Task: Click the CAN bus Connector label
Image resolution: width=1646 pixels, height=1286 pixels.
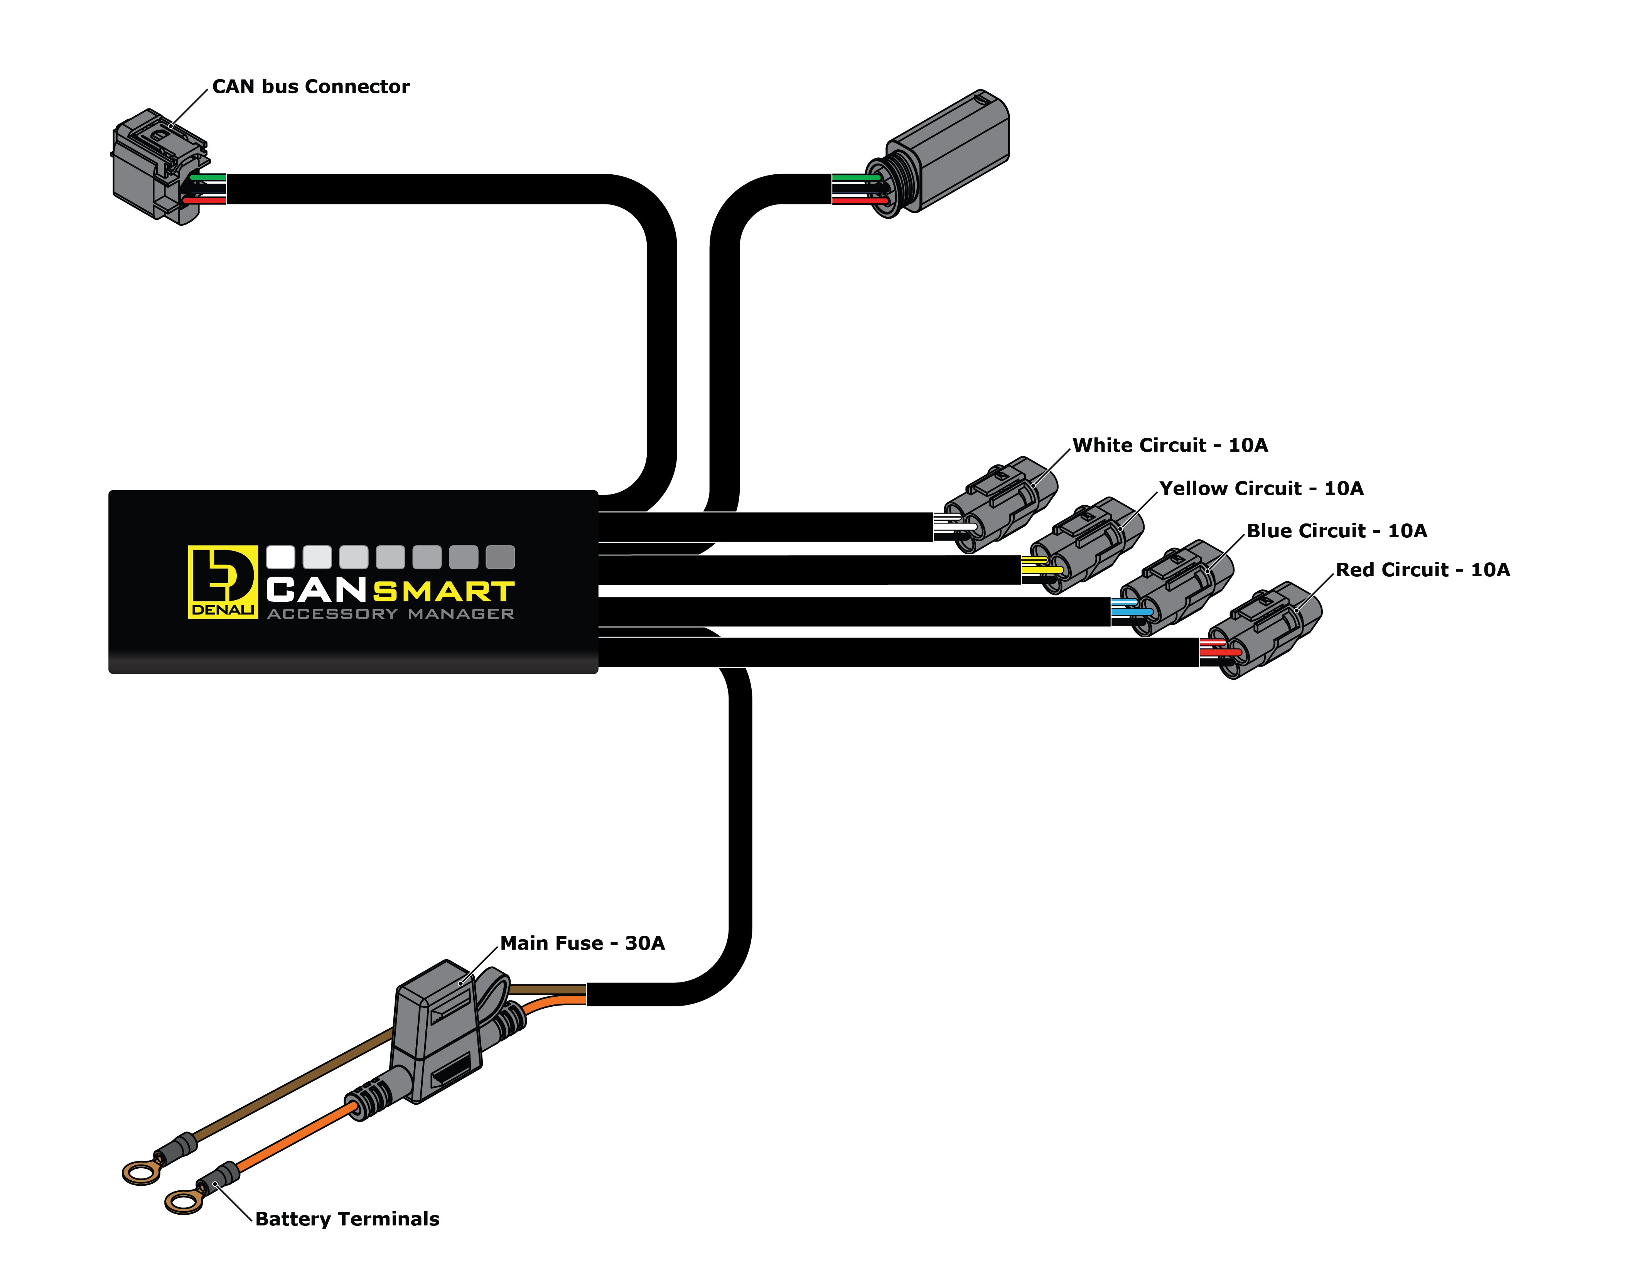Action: point(310,87)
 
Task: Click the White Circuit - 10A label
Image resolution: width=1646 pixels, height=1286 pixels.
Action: point(1170,446)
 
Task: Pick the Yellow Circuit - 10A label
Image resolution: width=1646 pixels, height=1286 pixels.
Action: point(1261,488)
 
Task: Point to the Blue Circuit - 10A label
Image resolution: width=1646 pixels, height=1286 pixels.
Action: point(1336,531)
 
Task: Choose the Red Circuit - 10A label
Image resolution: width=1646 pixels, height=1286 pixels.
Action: point(1422,570)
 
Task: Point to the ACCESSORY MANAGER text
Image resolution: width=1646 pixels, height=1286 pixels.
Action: point(390,614)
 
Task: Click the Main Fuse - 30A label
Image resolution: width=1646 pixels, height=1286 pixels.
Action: point(582,943)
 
